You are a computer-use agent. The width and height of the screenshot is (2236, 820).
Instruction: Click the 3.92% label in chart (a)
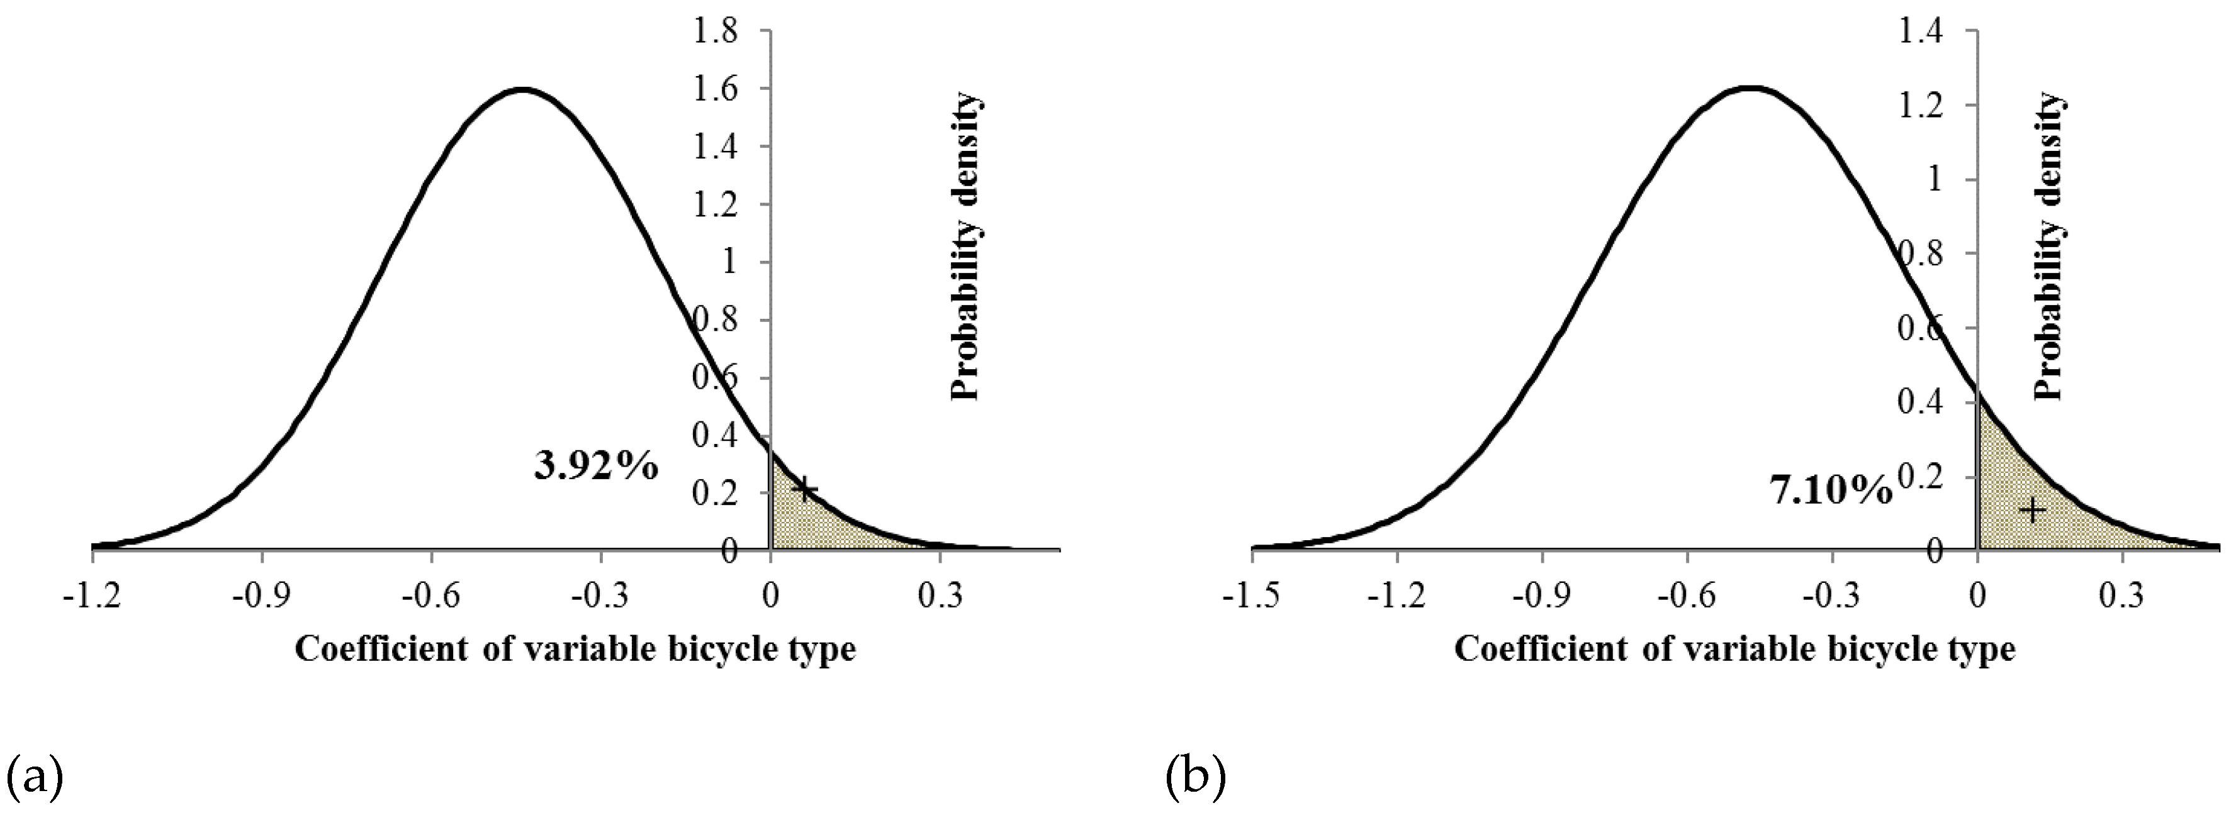(x=595, y=468)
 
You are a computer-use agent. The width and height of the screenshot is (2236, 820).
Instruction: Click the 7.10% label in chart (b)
(x=1831, y=492)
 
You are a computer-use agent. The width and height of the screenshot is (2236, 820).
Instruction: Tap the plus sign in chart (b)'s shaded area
(x=2033, y=510)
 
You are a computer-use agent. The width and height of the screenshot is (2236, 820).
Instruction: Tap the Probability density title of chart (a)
(x=966, y=247)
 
